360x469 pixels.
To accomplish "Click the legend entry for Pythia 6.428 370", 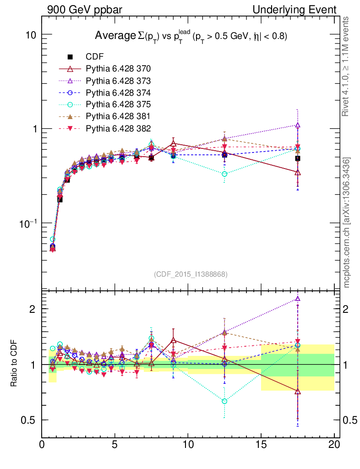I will coord(118,69).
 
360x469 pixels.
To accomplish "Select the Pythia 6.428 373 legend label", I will coord(118,81).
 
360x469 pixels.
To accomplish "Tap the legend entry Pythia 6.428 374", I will coord(118,93).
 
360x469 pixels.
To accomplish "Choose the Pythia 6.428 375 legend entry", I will coord(118,104).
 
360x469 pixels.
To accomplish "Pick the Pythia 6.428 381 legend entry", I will coord(118,116).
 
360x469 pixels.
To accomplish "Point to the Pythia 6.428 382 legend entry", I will coord(118,128).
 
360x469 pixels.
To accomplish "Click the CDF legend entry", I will coord(95,57).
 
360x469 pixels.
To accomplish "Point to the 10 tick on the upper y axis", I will coord(30,35).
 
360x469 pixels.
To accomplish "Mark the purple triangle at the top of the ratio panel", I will coord(298,299).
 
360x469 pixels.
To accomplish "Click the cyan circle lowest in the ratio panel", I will coord(224,401).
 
